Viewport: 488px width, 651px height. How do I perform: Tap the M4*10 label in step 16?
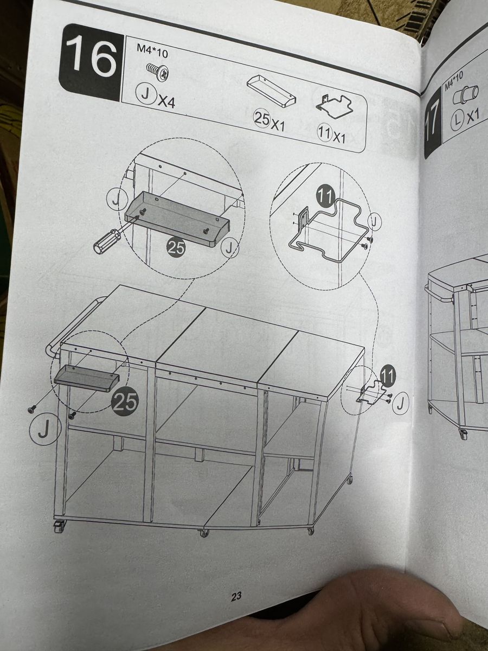(152, 53)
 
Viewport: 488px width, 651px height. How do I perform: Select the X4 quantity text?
(166, 103)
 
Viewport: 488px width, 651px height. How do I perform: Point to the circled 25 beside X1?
(261, 119)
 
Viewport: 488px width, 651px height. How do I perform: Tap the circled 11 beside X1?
(325, 133)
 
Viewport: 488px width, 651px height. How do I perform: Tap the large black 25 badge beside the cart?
(125, 401)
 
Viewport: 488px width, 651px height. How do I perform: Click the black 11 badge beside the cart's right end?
(388, 375)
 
